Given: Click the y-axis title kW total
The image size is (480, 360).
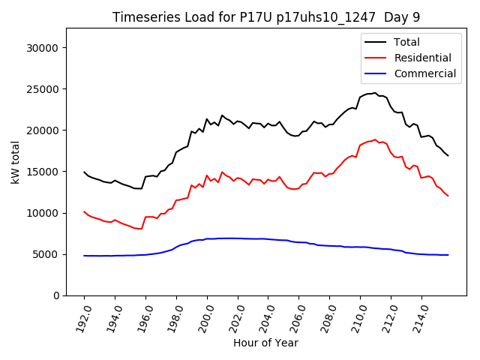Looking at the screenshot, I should (15, 162).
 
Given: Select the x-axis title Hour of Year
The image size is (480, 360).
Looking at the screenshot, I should (265, 343).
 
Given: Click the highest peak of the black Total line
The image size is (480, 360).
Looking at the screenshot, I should (375, 93).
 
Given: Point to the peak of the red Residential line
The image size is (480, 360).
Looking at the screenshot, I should (375, 139).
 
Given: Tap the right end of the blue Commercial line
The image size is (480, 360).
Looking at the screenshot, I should (448, 255).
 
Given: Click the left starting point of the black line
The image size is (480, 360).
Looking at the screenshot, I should (84, 172).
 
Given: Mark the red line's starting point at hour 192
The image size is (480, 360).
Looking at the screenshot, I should (84, 211).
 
